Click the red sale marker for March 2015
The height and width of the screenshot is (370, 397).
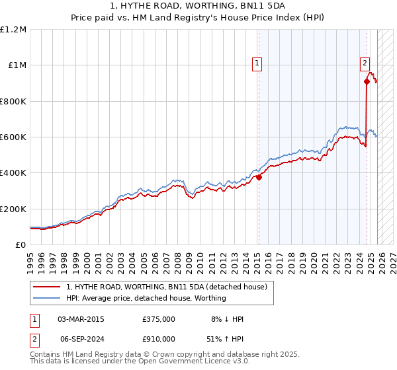click(x=259, y=177)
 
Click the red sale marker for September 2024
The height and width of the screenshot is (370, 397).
click(x=367, y=82)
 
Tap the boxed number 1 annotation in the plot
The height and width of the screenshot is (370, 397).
click(x=256, y=63)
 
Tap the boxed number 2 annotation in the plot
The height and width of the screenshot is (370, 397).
click(x=364, y=63)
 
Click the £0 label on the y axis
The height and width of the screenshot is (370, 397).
click(x=21, y=244)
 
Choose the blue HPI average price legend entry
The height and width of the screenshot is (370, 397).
click(x=146, y=298)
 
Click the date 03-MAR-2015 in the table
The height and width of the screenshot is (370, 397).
click(x=81, y=319)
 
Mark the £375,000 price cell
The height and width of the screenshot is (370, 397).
click(x=158, y=319)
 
